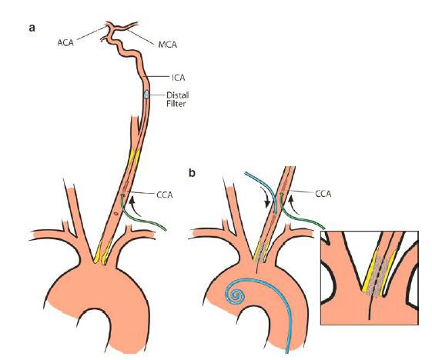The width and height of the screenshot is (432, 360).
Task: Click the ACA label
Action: pos(65,42)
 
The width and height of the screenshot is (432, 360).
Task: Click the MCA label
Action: pos(167,45)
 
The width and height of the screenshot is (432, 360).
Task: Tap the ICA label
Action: pos(178,78)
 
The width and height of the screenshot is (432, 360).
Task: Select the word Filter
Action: pos(176,104)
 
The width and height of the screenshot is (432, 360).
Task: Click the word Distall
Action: pos(177,95)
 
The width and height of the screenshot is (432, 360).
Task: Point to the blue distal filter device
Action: pos(146,95)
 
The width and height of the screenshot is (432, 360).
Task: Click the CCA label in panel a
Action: pos(165,195)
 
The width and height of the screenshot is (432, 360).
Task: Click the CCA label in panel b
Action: pos(323,194)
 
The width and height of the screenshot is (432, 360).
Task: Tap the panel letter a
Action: pos(32,28)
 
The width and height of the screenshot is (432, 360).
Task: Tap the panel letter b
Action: pos(192,173)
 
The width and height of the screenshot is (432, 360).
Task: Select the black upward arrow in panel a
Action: pos(135,205)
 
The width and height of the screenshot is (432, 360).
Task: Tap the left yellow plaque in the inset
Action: pos(369,271)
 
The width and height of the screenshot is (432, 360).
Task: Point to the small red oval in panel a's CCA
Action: pos(116,213)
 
